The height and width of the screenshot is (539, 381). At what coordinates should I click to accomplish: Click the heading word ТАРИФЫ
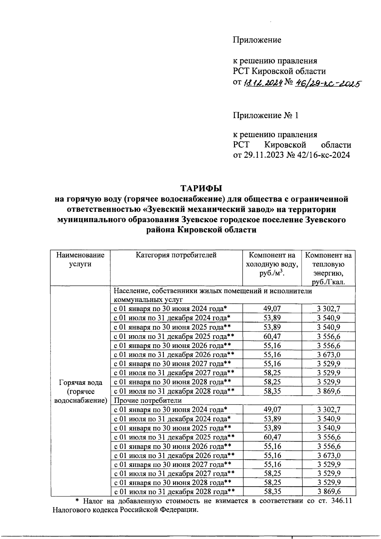[x=201, y=189]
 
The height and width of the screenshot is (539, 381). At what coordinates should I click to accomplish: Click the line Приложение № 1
[x=266, y=115]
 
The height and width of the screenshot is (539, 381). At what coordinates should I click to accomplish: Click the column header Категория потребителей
[x=176, y=255]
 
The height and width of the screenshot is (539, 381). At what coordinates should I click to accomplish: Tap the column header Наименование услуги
[x=80, y=259]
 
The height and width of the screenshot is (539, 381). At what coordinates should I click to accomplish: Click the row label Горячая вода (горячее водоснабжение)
[x=81, y=391]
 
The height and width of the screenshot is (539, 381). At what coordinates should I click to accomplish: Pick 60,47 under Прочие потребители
[x=272, y=437]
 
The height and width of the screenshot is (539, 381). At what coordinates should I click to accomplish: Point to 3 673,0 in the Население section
[x=329, y=355]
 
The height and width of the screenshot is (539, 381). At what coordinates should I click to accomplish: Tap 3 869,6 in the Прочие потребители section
[x=329, y=492]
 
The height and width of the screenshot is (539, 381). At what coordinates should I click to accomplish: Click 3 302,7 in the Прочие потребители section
[x=329, y=409]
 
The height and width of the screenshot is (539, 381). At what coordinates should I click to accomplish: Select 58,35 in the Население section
[x=272, y=391]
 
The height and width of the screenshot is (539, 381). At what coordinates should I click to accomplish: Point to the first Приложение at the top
[x=257, y=40]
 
